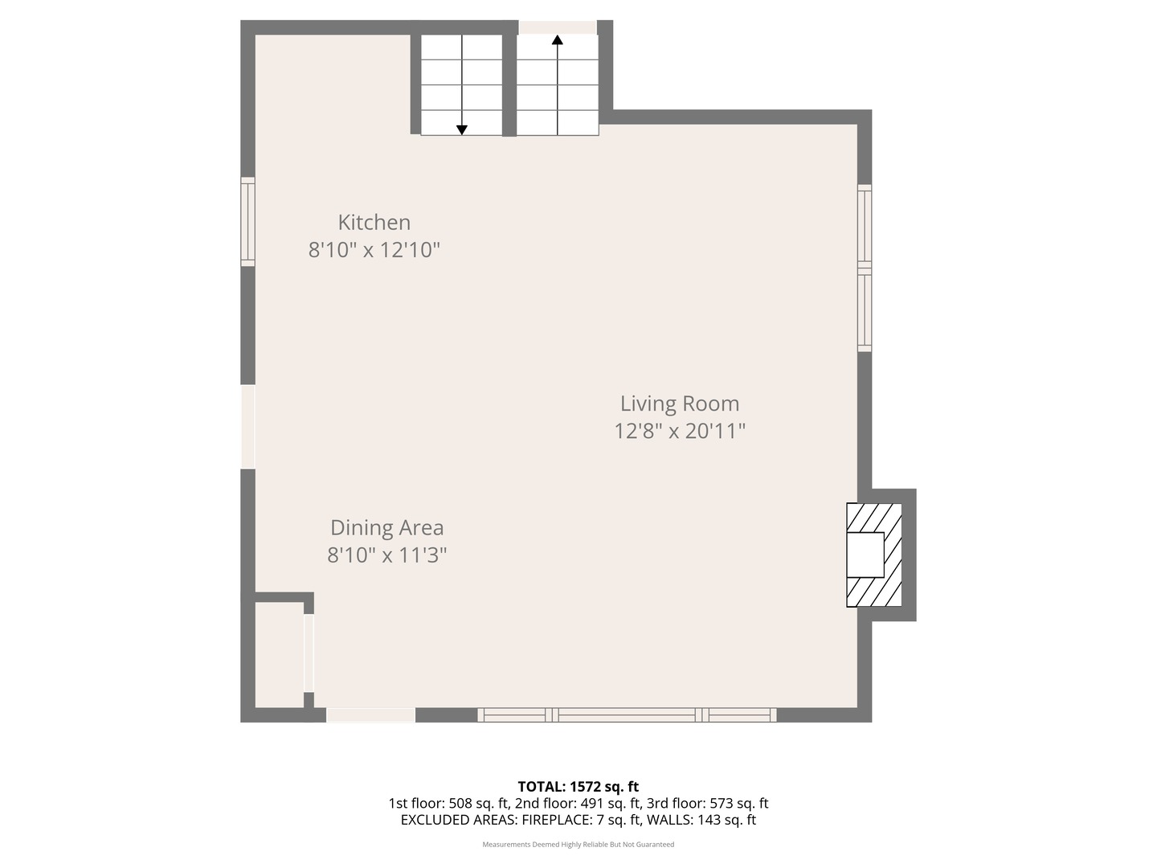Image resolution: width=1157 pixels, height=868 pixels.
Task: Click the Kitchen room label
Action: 374,223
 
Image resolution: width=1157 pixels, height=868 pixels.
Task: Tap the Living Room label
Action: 679,403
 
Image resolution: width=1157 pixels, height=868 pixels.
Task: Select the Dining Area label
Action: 386,528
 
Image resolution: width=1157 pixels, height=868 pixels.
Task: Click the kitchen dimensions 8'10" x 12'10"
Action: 374,250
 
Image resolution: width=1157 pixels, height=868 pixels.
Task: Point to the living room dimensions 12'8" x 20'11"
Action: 680,432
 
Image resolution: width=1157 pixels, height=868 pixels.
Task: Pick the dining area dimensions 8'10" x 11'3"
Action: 386,555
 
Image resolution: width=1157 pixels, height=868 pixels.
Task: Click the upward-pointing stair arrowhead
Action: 557,39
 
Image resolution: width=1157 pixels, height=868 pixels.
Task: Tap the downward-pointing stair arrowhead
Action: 462,129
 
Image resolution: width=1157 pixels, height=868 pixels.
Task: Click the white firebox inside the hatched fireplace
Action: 865,555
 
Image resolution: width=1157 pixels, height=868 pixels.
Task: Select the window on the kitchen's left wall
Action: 248,222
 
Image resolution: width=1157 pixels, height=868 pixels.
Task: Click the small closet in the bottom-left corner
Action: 279,654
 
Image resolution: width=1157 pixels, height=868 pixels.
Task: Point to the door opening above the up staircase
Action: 557,27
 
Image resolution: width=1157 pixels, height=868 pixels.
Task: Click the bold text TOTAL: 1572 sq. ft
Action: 578,787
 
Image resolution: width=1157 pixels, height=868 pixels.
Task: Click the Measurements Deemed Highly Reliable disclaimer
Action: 578,845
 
